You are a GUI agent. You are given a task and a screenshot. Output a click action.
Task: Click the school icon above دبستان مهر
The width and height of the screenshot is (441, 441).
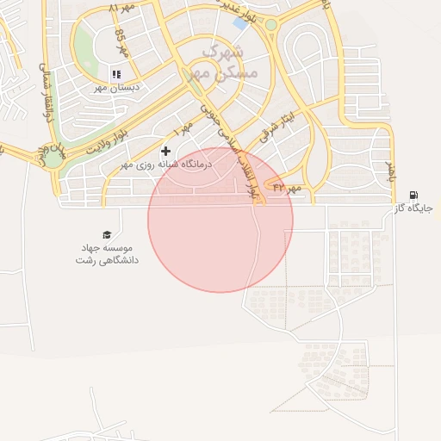click(x=116, y=75)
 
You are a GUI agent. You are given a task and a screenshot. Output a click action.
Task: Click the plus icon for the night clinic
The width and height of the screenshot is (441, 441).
click(x=166, y=151)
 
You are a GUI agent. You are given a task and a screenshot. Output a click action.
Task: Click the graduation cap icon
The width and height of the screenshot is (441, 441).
click(x=107, y=234)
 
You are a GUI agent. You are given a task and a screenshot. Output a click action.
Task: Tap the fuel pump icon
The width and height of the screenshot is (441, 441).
click(x=414, y=196)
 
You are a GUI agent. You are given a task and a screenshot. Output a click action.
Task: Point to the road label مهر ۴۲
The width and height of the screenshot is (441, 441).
click(x=285, y=186)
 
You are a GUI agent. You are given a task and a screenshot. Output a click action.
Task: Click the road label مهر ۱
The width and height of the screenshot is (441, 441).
click(x=183, y=129)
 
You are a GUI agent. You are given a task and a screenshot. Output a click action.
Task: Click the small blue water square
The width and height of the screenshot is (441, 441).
click(x=240, y=23)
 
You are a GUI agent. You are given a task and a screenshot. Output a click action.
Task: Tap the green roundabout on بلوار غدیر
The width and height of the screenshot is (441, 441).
click(x=271, y=24)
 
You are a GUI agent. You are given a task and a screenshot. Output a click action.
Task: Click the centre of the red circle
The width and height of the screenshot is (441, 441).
click(x=220, y=220)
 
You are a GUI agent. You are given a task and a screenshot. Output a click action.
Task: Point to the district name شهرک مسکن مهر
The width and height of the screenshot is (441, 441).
click(x=227, y=63)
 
